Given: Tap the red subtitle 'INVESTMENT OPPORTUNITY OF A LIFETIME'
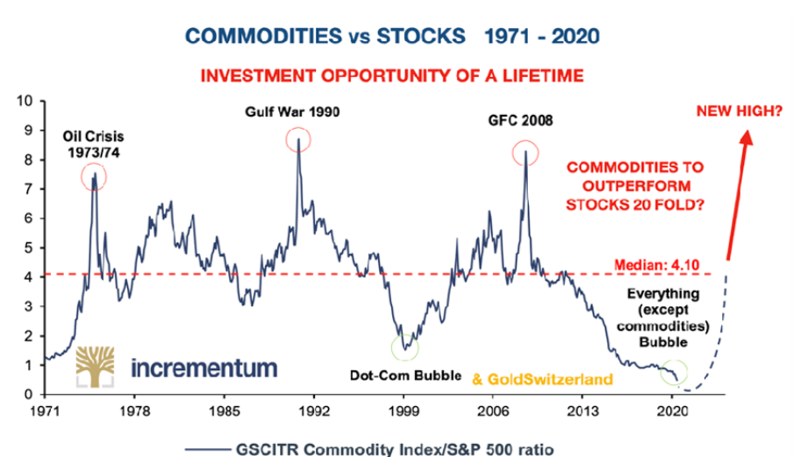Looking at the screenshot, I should click(x=392, y=76).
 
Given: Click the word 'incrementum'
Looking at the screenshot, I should click(x=203, y=367).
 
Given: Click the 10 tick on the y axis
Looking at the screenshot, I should click(x=27, y=101).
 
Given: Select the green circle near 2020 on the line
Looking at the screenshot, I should click(x=675, y=371).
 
